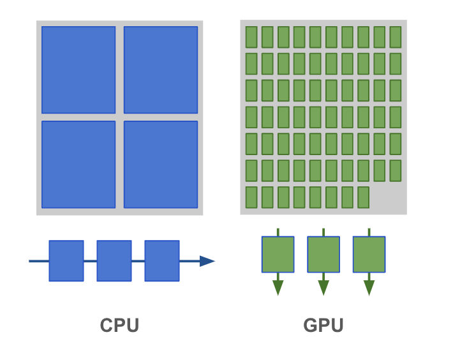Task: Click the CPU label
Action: click(119, 326)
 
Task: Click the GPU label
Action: click(323, 326)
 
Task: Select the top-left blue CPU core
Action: click(78, 70)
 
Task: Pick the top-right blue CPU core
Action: click(161, 70)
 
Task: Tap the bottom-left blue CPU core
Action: click(78, 164)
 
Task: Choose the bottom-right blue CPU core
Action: click(161, 164)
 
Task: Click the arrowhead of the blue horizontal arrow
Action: click(207, 260)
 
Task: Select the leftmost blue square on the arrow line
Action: click(66, 260)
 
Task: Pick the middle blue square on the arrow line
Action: click(114, 260)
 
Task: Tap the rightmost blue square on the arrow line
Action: click(162, 260)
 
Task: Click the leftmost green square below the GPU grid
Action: click(278, 254)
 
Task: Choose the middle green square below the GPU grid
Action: click(323, 254)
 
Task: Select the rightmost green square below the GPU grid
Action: click(369, 254)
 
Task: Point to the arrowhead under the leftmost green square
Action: click(278, 287)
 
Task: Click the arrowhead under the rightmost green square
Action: click(369, 287)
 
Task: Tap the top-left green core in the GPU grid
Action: click(251, 36)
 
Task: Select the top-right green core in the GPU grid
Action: click(395, 36)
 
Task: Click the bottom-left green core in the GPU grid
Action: click(251, 197)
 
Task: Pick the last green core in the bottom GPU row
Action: click(363, 197)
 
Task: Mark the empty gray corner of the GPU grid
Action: click(387, 199)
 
